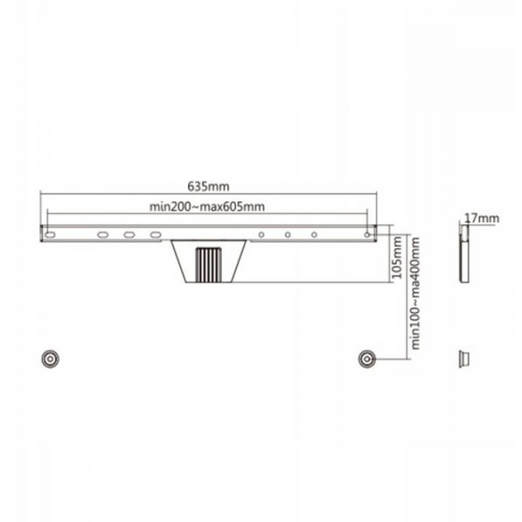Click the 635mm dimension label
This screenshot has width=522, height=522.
pos(208,186)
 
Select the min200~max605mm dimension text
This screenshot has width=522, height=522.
pos(207,207)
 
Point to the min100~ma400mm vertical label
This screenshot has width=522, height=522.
pos(415,293)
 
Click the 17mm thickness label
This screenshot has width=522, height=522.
pos(482,218)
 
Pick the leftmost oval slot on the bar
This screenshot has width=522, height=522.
pos(50,235)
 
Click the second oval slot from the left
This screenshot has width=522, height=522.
pos(103,235)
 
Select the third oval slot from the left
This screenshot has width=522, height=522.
pos(129,235)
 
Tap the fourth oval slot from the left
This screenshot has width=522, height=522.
pos(156,235)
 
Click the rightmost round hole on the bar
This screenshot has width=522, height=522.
pos(367,235)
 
